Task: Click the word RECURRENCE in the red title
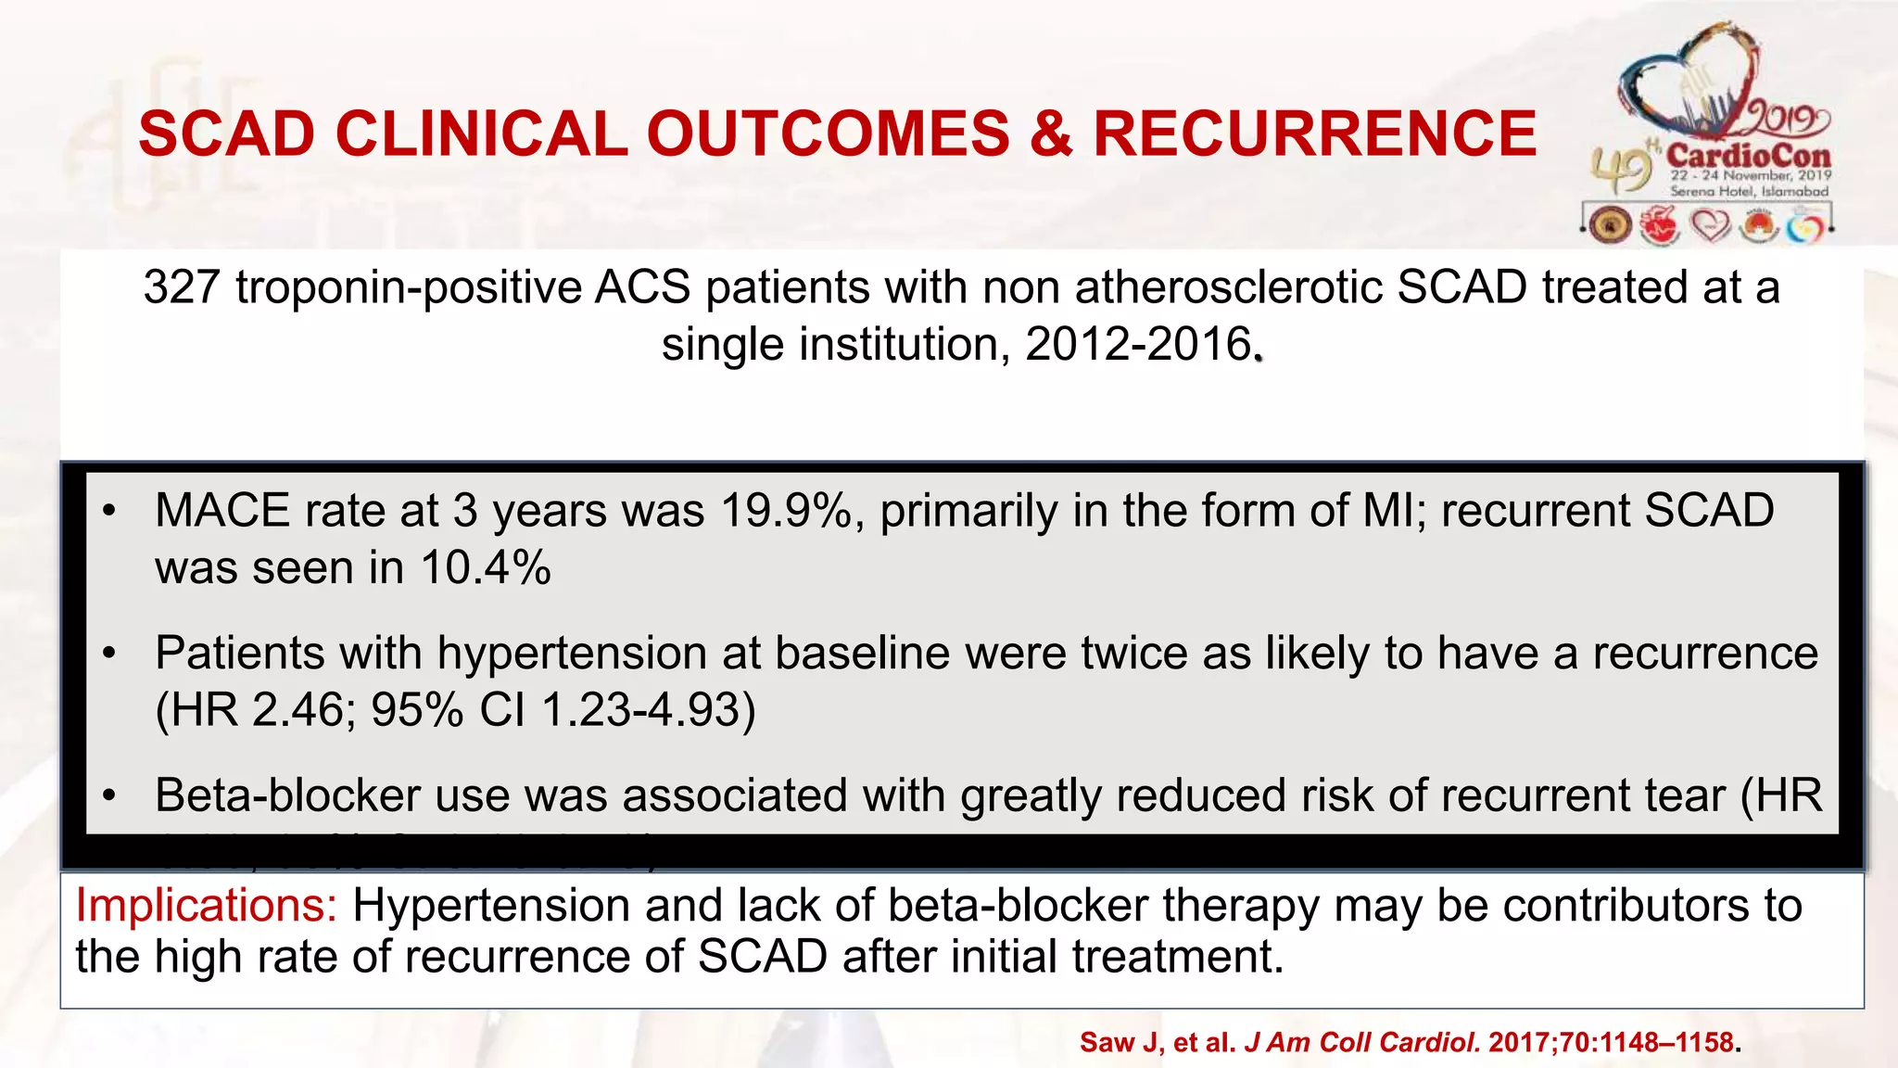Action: click(1314, 133)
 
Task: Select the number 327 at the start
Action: click(181, 287)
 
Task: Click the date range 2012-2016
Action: click(1138, 345)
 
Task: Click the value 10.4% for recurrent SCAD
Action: click(486, 567)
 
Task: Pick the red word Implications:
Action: click(207, 905)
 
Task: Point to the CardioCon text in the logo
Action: click(1748, 155)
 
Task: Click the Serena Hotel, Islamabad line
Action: click(1749, 191)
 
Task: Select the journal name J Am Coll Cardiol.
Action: click(1361, 1043)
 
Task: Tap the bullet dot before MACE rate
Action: click(109, 512)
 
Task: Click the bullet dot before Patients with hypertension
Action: click(109, 655)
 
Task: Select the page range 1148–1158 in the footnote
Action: click(1664, 1043)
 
